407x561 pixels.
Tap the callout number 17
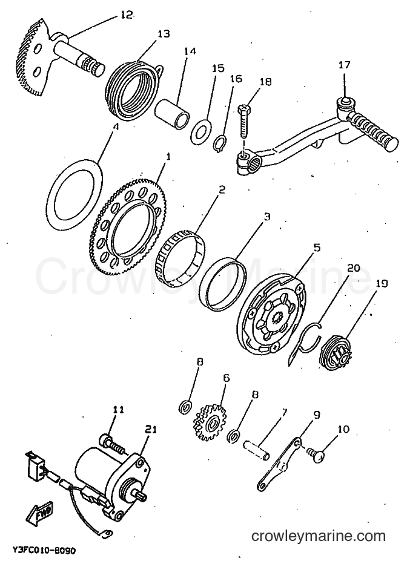pyautogui.click(x=345, y=65)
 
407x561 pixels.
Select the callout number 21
pyautogui.click(x=150, y=430)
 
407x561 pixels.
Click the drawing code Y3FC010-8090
pyautogui.click(x=44, y=549)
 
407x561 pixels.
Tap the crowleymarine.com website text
pyautogui.click(x=319, y=537)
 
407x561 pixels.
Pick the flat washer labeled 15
pyautogui.click(x=200, y=130)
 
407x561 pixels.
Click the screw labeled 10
pyautogui.click(x=316, y=456)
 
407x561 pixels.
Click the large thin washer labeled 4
pyautogui.click(x=75, y=195)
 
